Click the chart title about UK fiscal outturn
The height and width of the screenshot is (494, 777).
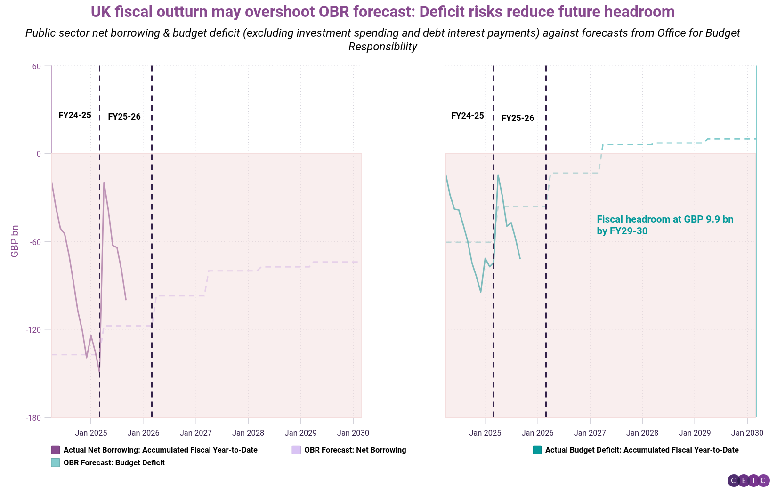click(382, 12)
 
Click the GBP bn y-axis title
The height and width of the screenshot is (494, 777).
click(15, 241)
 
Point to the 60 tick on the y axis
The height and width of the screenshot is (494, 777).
click(36, 66)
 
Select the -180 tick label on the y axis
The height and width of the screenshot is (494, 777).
click(33, 417)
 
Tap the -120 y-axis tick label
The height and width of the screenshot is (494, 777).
click(33, 330)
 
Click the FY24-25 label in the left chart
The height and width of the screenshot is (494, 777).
click(75, 115)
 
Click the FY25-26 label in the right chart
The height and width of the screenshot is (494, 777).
click(518, 118)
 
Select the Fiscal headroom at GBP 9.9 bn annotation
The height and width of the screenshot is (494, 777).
click(664, 225)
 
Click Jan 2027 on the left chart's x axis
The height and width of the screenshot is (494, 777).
click(196, 433)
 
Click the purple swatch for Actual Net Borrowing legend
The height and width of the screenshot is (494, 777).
click(56, 450)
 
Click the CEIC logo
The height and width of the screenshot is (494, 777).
click(748, 480)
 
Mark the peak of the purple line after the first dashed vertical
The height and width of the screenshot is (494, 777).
click(104, 183)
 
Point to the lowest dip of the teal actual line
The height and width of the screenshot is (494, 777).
click(481, 292)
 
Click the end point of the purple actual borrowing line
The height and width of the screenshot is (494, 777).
click(126, 300)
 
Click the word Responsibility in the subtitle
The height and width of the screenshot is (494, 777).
click(382, 47)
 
